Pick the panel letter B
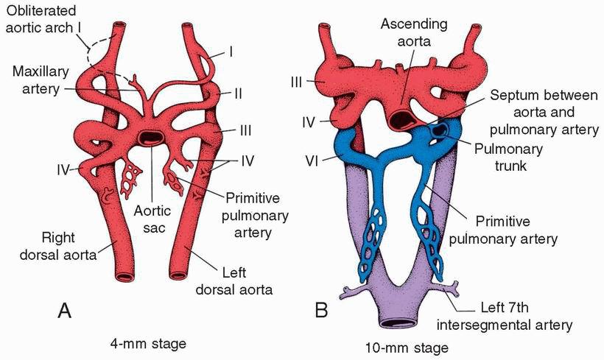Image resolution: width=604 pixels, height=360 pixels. click(321, 311)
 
